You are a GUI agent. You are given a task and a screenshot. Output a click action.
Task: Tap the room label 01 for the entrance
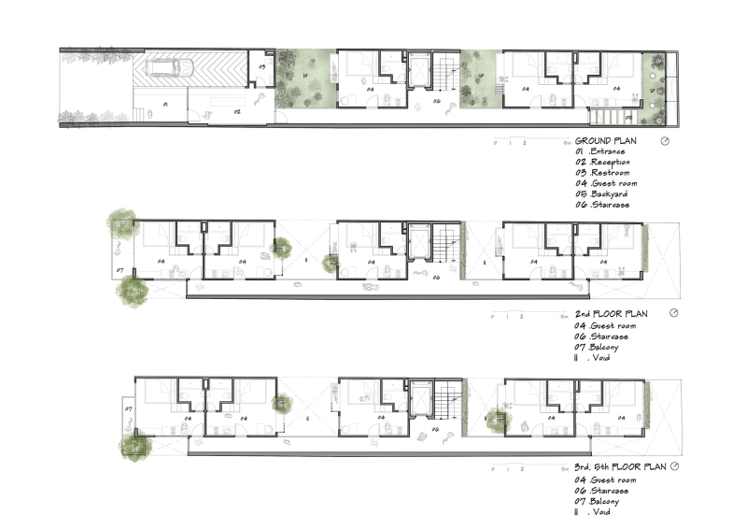pyautogui.click(x=164, y=106)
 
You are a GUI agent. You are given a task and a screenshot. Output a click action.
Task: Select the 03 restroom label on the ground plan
pyautogui.click(x=261, y=67)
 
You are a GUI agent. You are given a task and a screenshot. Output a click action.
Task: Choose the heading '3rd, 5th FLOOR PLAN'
pyautogui.click(x=620, y=465)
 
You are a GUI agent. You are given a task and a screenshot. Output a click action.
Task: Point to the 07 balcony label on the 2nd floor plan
pyautogui.click(x=120, y=271)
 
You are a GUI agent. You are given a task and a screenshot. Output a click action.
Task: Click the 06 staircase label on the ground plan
pyautogui.click(x=435, y=101)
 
